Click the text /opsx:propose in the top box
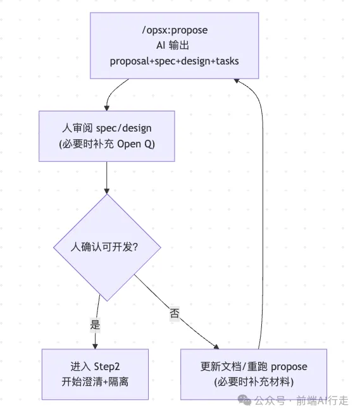175,30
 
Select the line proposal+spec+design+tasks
175,61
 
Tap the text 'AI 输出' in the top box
173,46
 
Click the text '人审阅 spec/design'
107,128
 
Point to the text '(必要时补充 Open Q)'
107,144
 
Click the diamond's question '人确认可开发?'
104,247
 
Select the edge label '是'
95,325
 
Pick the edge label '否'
175,313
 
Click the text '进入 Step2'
95,366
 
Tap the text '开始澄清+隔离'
95,382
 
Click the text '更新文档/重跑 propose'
254,366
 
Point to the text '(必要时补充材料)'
254,382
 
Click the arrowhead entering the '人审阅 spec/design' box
107,108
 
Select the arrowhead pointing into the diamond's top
107,191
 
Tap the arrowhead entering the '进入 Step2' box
95,346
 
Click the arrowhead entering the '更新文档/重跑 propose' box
216,347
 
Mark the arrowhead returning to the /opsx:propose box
237,81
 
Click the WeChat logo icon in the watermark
244,400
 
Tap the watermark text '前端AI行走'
322,400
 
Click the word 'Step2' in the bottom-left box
107,367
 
